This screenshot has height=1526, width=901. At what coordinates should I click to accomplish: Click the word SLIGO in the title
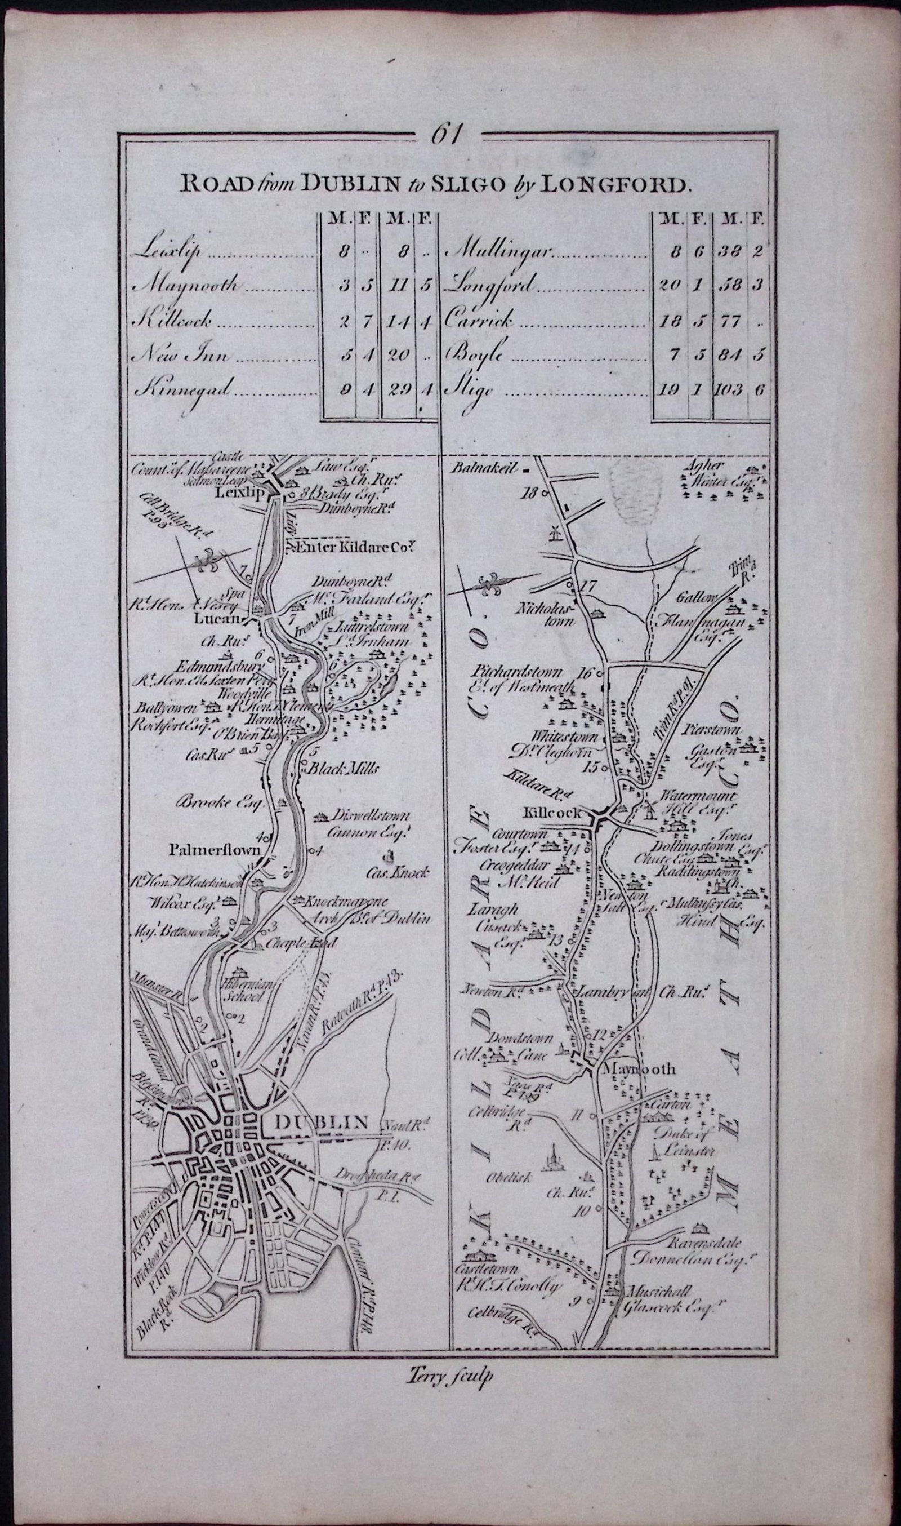click(453, 185)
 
